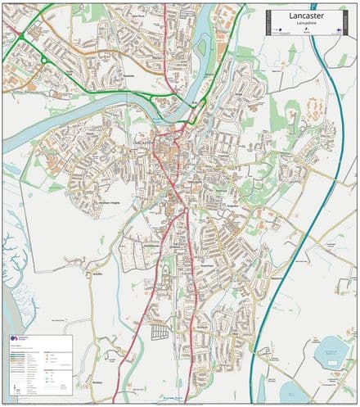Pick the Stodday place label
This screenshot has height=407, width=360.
tap(98, 382)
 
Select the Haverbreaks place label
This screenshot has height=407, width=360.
tap(152, 243)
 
